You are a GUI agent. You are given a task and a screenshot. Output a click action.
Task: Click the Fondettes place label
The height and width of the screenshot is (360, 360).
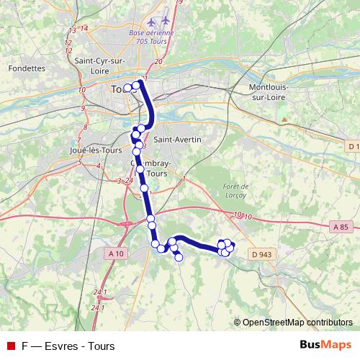27,68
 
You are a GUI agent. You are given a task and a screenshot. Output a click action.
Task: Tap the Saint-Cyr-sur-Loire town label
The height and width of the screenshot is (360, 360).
101,66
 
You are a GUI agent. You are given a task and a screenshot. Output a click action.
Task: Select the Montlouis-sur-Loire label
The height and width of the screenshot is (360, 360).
268,91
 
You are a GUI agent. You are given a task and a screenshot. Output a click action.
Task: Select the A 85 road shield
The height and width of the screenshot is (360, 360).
342,228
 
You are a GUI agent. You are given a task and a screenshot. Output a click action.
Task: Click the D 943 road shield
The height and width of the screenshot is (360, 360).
264,254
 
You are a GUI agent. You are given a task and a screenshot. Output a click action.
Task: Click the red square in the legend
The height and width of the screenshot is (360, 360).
9,346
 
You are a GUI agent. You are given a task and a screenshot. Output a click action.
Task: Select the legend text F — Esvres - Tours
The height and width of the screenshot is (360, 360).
68,346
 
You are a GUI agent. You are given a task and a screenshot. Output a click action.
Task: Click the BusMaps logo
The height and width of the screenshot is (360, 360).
325,346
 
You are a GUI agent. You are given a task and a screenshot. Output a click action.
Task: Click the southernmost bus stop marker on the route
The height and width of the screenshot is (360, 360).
179,258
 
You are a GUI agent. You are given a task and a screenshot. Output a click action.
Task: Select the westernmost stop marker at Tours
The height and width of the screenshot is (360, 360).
127,89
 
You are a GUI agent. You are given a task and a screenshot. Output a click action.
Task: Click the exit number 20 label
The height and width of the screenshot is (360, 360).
158,62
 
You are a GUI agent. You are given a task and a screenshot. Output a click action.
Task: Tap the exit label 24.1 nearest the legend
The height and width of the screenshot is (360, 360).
97,307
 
